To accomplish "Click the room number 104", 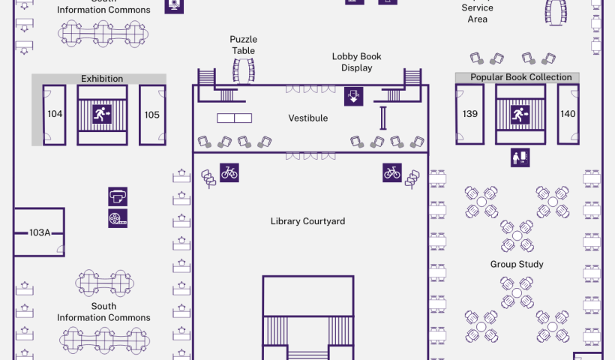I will pos(55,115).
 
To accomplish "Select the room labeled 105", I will pos(152,115).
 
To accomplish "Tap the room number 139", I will pos(470,114).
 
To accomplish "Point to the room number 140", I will pos(568,114).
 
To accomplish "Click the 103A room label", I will pos(40,232).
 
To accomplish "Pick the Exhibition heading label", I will pos(102,79).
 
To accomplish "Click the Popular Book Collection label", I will pos(520,77).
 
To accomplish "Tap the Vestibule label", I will pos(308,118).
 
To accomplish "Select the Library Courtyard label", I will pos(307,221).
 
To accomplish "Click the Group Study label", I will pos(517,264).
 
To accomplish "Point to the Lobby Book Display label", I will pos(357,62).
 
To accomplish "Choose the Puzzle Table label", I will pos(243,45).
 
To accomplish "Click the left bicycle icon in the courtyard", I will pos(229,172).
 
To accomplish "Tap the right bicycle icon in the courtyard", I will pos(392,172).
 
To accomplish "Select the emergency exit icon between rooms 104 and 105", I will pos(101,114).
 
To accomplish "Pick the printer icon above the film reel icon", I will pos(118,196).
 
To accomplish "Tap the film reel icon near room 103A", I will pos(118,218).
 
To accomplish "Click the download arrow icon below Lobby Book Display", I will pos(354,96).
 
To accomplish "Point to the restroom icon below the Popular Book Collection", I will pos(520,157).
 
